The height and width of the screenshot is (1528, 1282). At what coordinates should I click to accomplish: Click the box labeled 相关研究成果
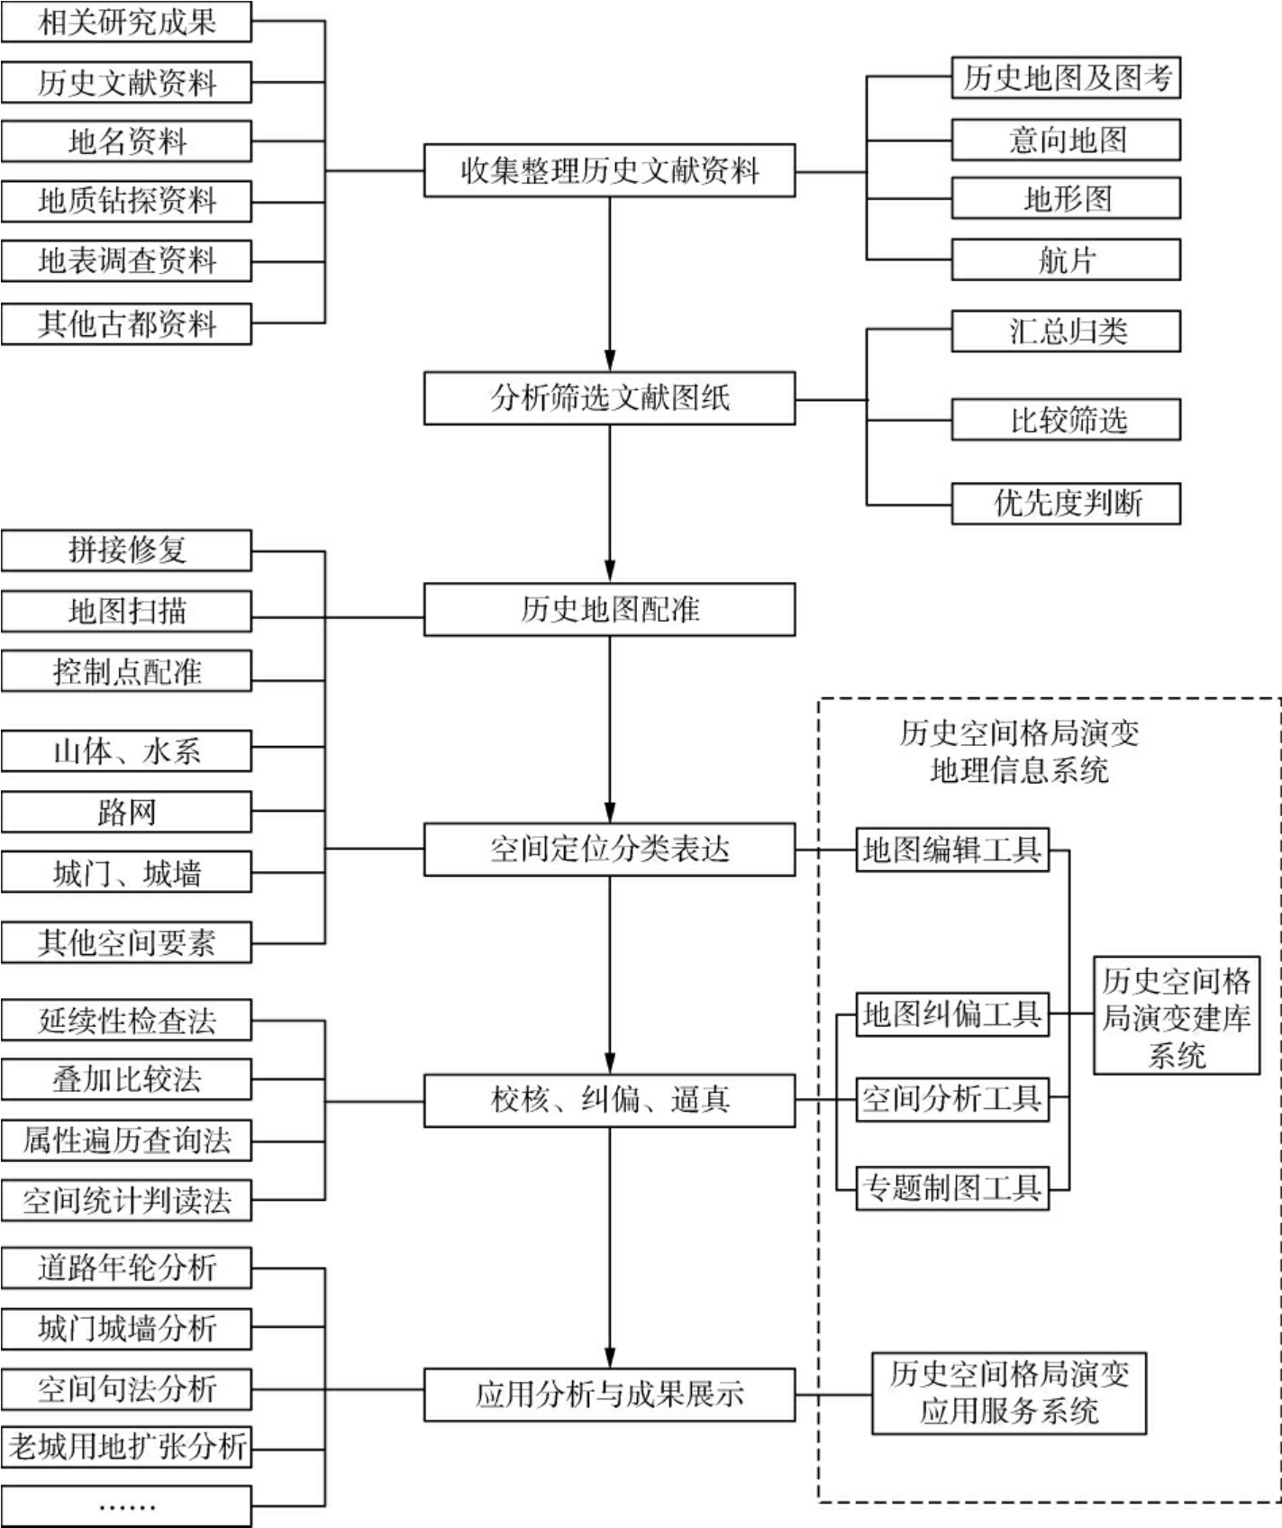pyautogui.click(x=126, y=22)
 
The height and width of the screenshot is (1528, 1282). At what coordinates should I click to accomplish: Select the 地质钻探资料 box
pyautogui.click(x=126, y=201)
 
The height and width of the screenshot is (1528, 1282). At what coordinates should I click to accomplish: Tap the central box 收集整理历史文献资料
pyautogui.click(x=609, y=170)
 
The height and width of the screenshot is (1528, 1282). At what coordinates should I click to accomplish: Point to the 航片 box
pyautogui.click(x=1066, y=260)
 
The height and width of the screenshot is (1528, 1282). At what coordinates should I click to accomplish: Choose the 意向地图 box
pyautogui.click(x=1066, y=141)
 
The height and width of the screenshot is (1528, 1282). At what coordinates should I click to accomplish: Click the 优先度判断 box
pyautogui.click(x=1066, y=503)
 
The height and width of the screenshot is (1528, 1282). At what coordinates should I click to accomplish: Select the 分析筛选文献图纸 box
pyautogui.click(x=609, y=398)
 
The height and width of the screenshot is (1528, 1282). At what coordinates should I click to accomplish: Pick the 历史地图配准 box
pyautogui.click(x=609, y=610)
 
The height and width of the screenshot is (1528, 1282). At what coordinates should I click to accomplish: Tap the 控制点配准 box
pyautogui.click(x=126, y=672)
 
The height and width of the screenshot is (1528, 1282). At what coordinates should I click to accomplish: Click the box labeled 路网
pyautogui.click(x=126, y=813)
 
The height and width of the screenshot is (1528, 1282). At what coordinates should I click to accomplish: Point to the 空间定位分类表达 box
pyautogui.click(x=609, y=849)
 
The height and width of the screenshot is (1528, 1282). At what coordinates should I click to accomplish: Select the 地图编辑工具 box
pyautogui.click(x=952, y=850)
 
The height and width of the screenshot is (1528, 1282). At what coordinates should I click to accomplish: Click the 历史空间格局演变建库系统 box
pyautogui.click(x=1176, y=1016)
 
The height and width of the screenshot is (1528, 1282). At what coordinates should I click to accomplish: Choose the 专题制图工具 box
pyautogui.click(x=952, y=1188)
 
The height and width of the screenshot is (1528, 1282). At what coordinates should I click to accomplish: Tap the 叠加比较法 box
pyautogui.click(x=126, y=1079)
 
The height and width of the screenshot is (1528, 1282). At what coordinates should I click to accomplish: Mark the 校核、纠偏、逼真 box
pyautogui.click(x=609, y=1100)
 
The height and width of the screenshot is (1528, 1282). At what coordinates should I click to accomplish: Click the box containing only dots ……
pyautogui.click(x=126, y=1505)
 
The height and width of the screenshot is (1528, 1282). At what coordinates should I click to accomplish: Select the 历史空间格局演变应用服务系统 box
pyautogui.click(x=1008, y=1393)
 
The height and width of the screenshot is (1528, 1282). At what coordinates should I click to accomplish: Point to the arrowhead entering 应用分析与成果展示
pyautogui.click(x=610, y=1358)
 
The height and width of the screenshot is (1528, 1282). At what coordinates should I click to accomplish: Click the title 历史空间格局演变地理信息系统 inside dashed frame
pyautogui.click(x=1019, y=751)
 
